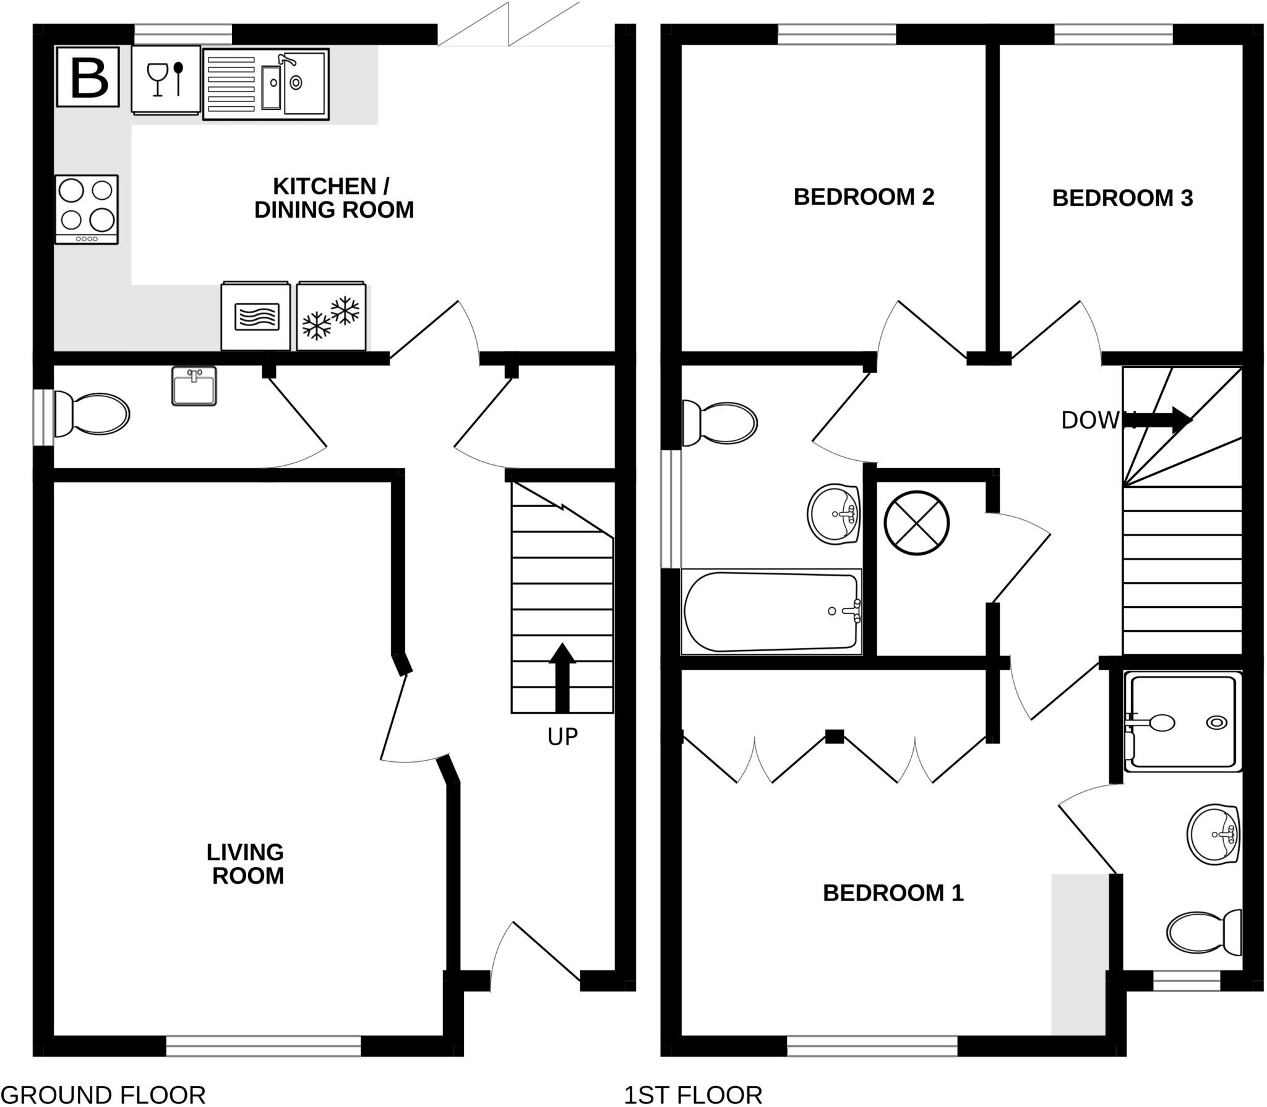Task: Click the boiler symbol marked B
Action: [x=88, y=77]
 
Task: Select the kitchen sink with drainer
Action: [x=266, y=84]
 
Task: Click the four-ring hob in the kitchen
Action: [x=87, y=209]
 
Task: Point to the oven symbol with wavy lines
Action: [x=256, y=317]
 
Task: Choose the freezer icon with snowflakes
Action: [x=331, y=317]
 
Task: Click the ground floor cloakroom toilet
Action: [x=93, y=414]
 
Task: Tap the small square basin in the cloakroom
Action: [x=194, y=386]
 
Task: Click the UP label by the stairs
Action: [x=562, y=737]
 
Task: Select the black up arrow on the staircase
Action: [x=562, y=678]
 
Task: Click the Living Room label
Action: [x=246, y=864]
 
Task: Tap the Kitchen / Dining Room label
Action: [x=333, y=198]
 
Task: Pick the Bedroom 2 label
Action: [x=864, y=197]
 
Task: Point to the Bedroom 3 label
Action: [x=1122, y=199]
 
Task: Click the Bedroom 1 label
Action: [x=893, y=893]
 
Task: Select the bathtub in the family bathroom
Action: [x=771, y=612]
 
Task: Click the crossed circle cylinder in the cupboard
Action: [x=916, y=523]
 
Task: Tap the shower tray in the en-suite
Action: [x=1183, y=722]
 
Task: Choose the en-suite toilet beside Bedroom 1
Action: [x=1204, y=933]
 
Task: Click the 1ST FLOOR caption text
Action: [x=693, y=1095]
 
